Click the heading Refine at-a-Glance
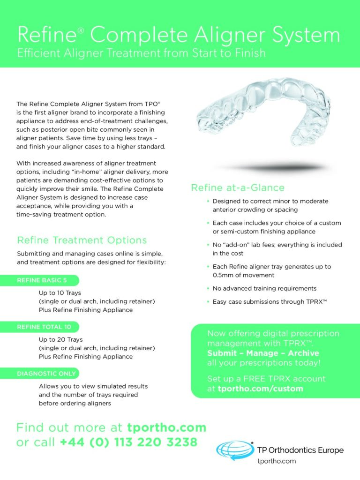[238, 187]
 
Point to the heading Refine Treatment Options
[82, 240]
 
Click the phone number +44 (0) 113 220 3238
[128, 442]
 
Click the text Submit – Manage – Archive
[263, 353]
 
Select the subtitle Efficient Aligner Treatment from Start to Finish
[142, 53]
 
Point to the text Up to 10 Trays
[60, 293]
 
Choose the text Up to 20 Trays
[60, 339]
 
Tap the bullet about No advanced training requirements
[264, 288]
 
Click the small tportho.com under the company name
[277, 461]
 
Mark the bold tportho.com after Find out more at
[167, 427]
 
